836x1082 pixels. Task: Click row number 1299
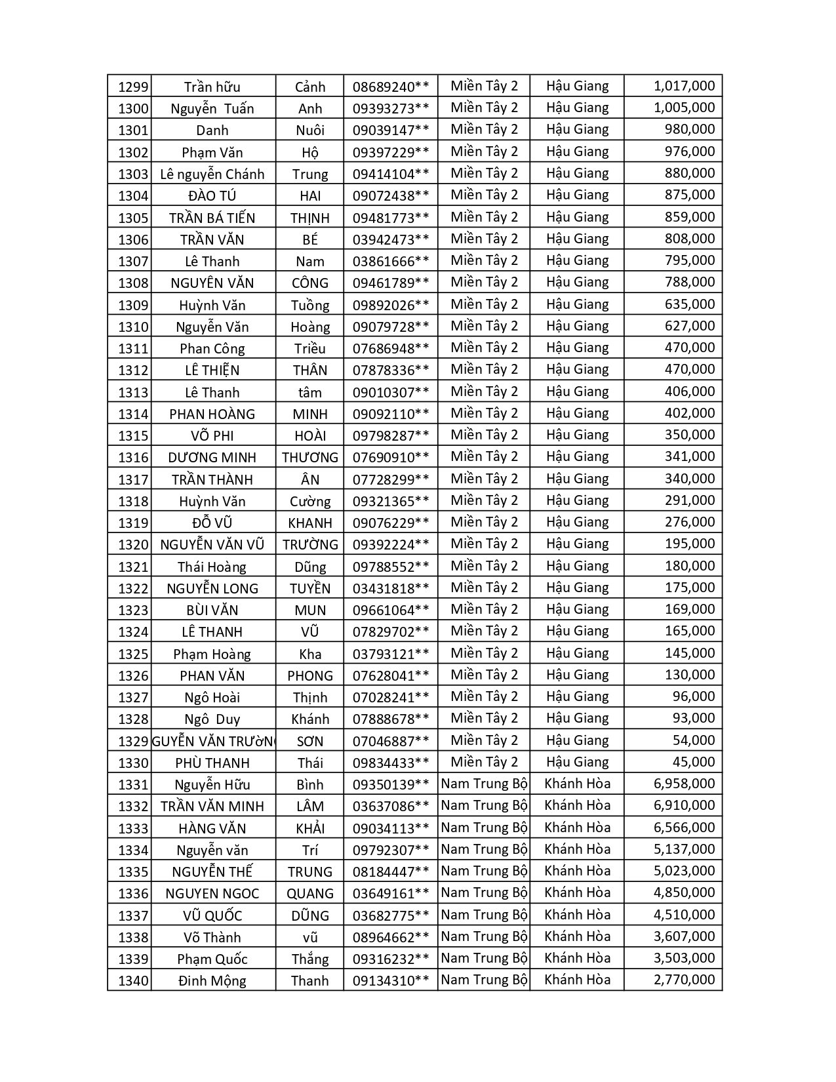coord(133,87)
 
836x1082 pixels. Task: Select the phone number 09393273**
coord(391,109)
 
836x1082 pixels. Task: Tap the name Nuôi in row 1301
coord(310,130)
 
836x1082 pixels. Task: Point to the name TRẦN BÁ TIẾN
coord(212,218)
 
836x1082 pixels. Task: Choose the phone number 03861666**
coord(391,262)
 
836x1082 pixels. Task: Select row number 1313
coord(133,392)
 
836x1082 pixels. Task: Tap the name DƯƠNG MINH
coord(212,458)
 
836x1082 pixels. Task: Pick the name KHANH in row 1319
coord(310,523)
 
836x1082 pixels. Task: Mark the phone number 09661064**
coord(391,611)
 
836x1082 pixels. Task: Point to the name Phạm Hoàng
coord(212,654)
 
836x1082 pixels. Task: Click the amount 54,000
coord(694,740)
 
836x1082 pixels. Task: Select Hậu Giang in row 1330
coord(577,762)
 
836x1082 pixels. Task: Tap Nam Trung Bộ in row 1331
coord(484,784)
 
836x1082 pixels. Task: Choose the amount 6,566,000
coord(685,828)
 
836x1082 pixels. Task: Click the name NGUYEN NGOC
coord(212,893)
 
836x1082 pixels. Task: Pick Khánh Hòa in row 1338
coord(577,936)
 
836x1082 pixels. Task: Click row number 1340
coord(133,981)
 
